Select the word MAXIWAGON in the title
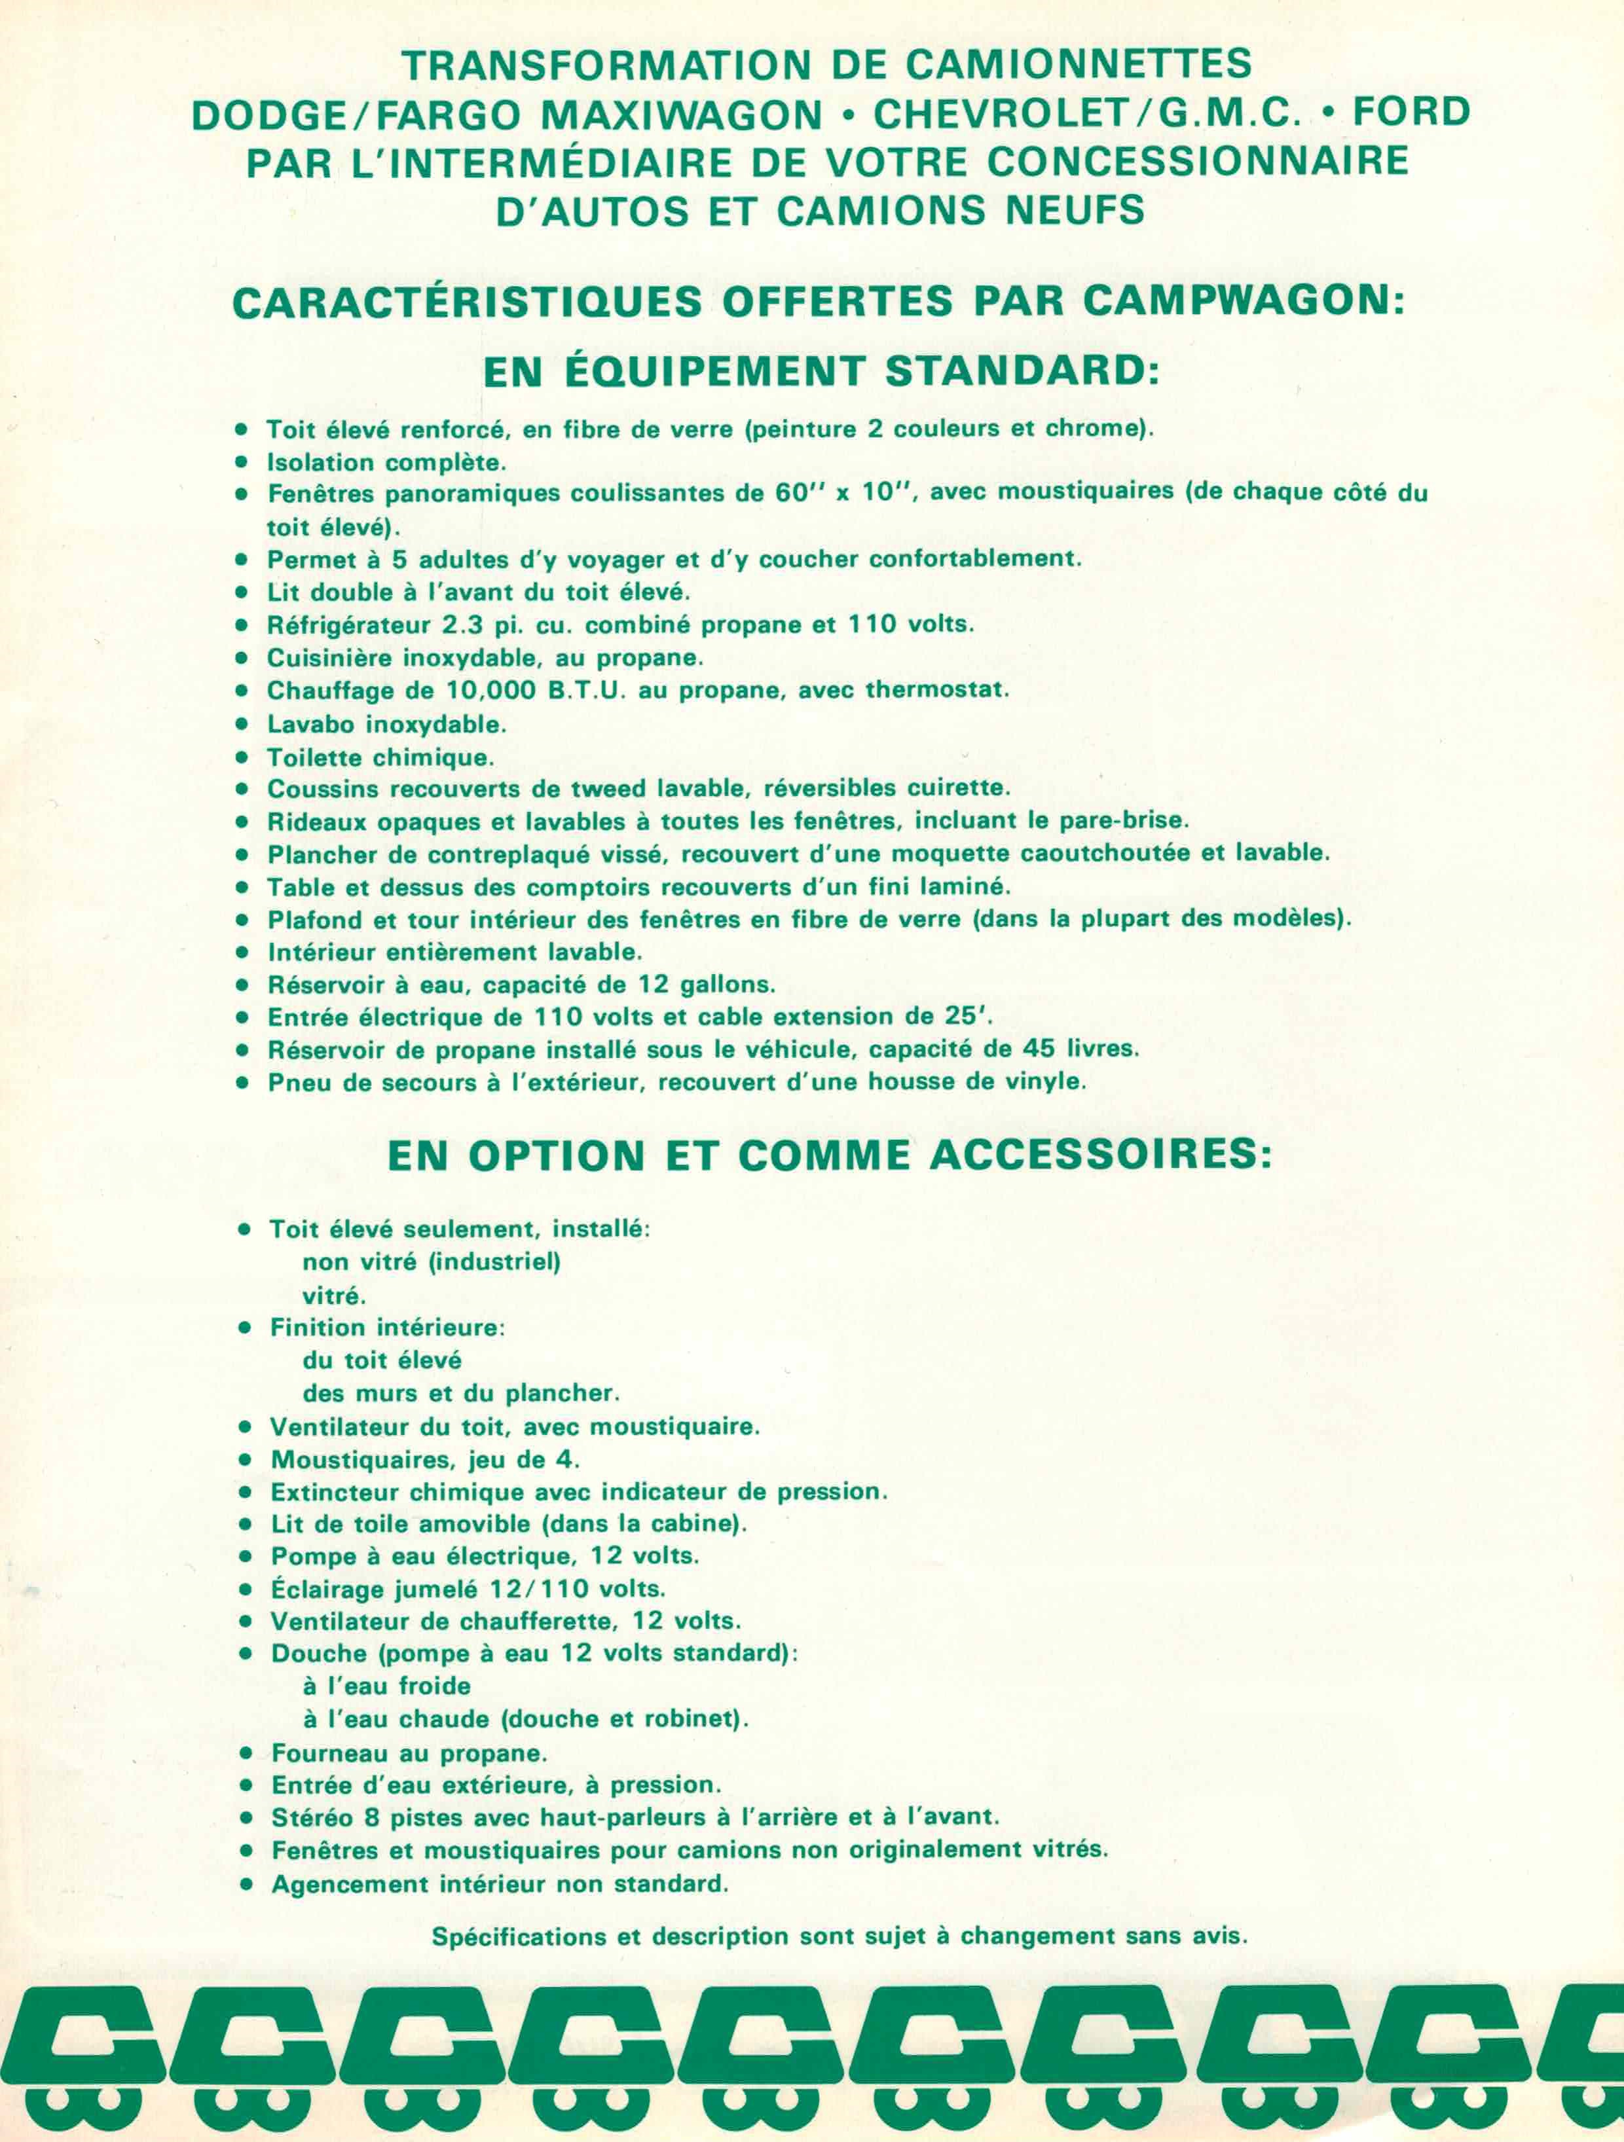(x=682, y=115)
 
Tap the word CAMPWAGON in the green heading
(x=1242, y=301)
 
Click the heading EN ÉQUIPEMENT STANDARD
(x=821, y=372)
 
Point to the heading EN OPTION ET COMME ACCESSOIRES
(x=830, y=1156)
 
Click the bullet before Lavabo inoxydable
(x=242, y=723)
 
